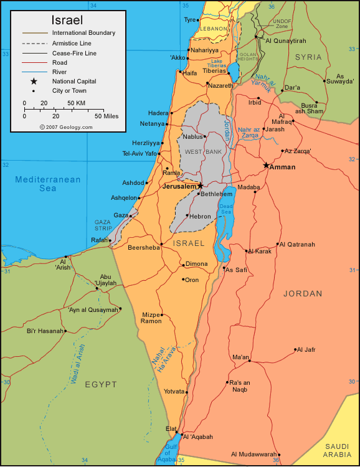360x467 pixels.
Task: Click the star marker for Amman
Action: click(x=266, y=166)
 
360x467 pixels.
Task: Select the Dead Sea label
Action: click(x=226, y=209)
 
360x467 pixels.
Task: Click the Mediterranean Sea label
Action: click(x=48, y=184)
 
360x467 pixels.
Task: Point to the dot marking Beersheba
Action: click(x=162, y=243)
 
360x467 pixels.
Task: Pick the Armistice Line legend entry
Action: click(x=71, y=42)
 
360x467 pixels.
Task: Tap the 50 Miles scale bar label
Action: click(x=107, y=116)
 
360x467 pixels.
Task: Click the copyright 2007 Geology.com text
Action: click(x=66, y=126)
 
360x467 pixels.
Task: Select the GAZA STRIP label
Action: click(x=103, y=225)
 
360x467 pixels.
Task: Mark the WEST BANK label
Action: click(x=199, y=151)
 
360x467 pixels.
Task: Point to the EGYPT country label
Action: click(x=100, y=384)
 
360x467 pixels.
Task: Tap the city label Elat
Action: click(x=171, y=428)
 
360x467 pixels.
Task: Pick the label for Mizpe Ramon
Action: click(x=151, y=318)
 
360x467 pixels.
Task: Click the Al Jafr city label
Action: click(x=308, y=350)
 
